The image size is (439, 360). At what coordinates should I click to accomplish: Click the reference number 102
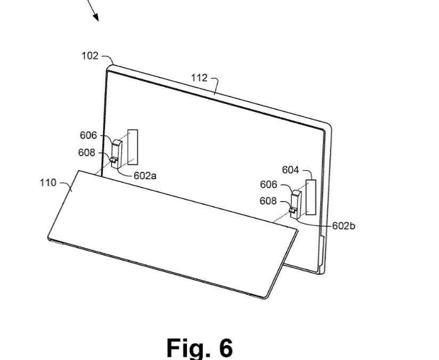coord(90,56)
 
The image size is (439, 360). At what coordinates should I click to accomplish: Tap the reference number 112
coord(199,78)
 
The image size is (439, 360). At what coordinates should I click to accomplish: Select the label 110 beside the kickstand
coord(48,183)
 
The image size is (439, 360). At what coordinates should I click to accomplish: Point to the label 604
coord(290,170)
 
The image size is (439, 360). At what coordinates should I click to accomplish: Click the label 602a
coord(145,176)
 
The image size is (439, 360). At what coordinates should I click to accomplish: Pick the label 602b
coord(344,226)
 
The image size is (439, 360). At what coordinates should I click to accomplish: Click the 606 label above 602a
coord(88,135)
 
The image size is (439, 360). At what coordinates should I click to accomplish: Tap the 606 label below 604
coord(269,185)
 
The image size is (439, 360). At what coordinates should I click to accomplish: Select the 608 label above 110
coord(86,153)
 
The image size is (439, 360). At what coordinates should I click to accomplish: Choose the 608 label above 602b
coord(268,201)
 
